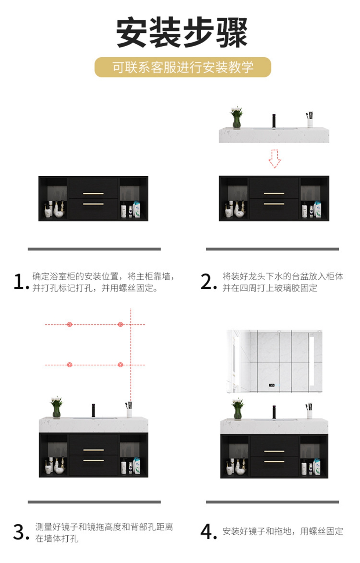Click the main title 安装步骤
pos(181,32)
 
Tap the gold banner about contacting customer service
pos(183,67)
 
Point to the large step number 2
pos(208,281)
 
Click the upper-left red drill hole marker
pos(70,325)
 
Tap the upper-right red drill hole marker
pos(120,325)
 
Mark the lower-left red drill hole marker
pos(70,365)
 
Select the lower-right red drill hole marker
pos(120,365)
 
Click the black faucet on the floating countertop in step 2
pos(274,121)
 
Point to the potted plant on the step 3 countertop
pos(57,407)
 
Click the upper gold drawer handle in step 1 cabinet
pos(93,194)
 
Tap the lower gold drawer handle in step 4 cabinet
pos(274,462)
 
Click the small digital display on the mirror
pos(271,385)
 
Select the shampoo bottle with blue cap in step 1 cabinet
pos(137,209)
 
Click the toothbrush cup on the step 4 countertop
pos(309,411)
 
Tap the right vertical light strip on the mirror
pos(312,361)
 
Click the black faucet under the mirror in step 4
pos(274,412)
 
